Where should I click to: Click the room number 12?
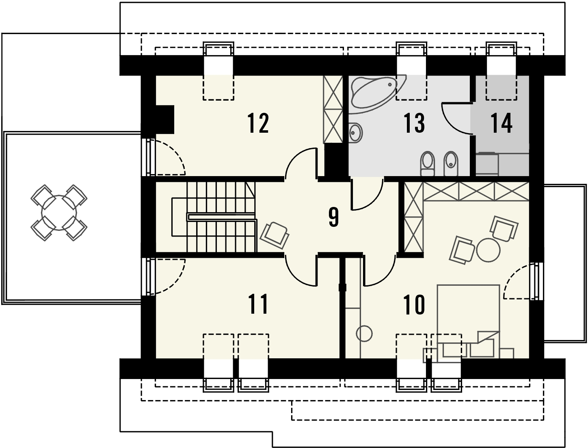[258, 123]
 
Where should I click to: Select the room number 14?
[501, 123]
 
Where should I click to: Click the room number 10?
[415, 304]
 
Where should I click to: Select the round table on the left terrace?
[59, 213]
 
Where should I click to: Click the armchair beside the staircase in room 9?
[275, 235]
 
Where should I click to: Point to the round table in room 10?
[489, 250]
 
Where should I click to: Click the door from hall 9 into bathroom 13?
[367, 194]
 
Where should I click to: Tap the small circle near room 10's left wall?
[364, 334]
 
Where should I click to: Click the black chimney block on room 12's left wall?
[164, 119]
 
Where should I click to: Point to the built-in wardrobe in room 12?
[333, 109]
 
